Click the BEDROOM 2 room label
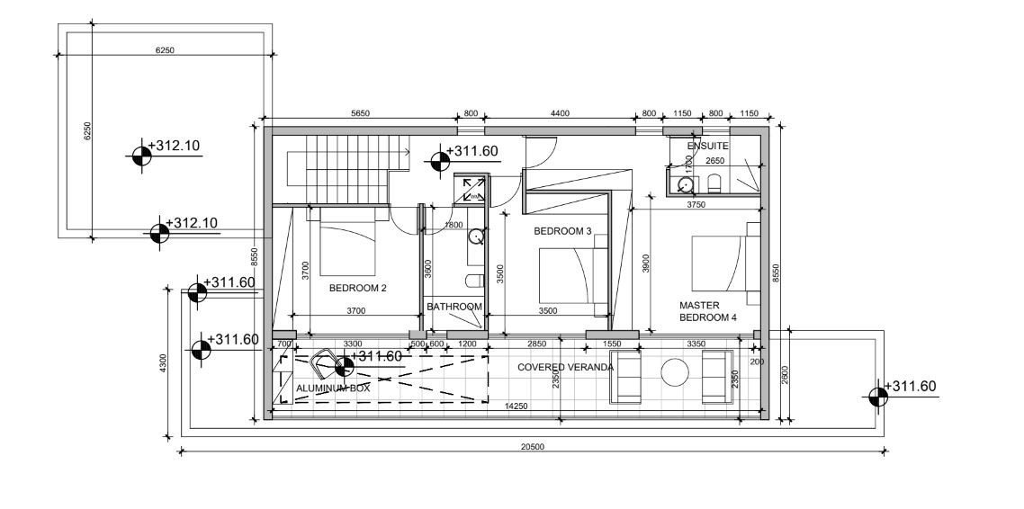(358, 288)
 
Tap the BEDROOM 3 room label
(562, 231)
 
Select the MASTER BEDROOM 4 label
(708, 311)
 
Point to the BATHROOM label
(454, 307)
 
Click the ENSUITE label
(707, 147)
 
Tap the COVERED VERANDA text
(566, 368)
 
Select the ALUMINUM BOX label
(333, 388)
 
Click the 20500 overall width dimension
(533, 447)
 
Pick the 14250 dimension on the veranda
(516, 406)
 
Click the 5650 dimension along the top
(361, 113)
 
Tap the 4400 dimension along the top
(560, 113)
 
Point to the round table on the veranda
(675, 372)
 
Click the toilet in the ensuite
(714, 183)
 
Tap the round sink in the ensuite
(685, 185)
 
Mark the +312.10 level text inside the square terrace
(174, 146)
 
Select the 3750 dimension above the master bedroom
(696, 204)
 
